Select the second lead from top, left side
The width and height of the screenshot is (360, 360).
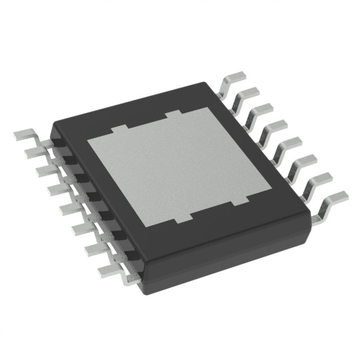click(x=35, y=152)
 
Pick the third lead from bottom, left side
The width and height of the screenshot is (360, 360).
click(x=84, y=228)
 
